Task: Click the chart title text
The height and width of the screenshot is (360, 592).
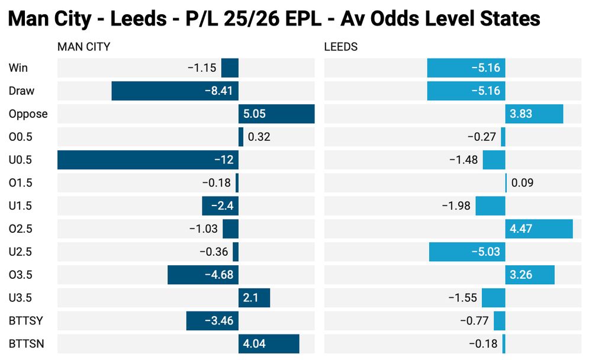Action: pos(275,19)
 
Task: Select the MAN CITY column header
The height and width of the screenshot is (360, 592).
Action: pos(83,47)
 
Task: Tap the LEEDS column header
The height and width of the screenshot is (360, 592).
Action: pos(341,47)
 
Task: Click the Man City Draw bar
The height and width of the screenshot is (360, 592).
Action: pos(175,91)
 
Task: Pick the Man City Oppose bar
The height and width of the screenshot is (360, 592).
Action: pos(276,114)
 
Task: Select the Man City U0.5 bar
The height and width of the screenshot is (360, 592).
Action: pos(148,160)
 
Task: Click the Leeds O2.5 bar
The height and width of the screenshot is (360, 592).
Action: pos(539,229)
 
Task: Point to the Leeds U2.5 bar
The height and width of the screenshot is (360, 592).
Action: pos(467,252)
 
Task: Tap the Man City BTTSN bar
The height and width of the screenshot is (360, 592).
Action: pos(269,344)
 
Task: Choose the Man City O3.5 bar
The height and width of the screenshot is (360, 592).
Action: pos(202,275)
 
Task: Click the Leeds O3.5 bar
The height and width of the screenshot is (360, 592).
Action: pos(530,275)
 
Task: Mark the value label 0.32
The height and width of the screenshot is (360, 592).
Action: pos(259,137)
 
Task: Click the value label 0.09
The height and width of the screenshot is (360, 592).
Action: pos(522,183)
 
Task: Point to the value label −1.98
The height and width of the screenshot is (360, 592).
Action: pos(456,206)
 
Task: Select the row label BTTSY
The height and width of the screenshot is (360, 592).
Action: pos(25,321)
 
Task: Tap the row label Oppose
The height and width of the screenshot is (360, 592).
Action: pos(28,114)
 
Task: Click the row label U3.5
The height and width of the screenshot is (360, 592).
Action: pos(21,298)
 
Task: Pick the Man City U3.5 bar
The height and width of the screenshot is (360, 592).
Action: pos(254,298)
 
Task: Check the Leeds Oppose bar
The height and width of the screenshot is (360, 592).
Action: pos(534,114)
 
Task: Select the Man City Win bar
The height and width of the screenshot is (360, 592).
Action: pos(230,67)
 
